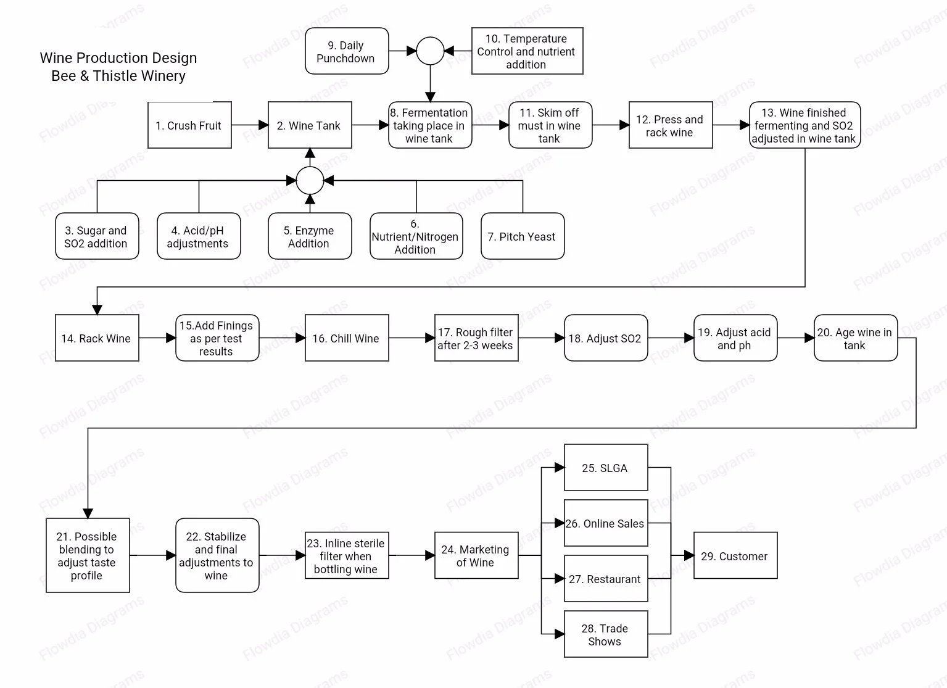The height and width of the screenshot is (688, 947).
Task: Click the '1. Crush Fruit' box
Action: [x=189, y=125]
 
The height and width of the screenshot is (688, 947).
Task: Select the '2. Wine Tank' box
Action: [x=310, y=125]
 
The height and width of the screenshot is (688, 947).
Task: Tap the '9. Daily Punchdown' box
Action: [x=347, y=51]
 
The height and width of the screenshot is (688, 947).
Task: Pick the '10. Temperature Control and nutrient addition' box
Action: [x=527, y=51]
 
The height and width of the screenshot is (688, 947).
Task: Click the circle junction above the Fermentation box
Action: [x=430, y=51]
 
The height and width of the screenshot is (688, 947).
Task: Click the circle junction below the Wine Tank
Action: [x=310, y=181]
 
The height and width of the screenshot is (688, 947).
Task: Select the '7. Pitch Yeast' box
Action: [x=523, y=236]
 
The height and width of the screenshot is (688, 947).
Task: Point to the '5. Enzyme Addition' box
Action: [x=310, y=236]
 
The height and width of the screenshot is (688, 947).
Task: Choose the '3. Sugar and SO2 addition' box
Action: [x=97, y=236]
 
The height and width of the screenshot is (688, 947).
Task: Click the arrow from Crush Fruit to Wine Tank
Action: [x=250, y=125]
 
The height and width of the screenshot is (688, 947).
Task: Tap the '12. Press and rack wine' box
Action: [x=671, y=125]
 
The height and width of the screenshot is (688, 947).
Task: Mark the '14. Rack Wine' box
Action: [x=97, y=338]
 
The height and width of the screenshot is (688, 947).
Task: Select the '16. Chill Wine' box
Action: [x=347, y=338]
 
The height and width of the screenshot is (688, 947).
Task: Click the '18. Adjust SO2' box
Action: [x=606, y=338]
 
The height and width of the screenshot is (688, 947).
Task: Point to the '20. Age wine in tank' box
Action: [x=855, y=338]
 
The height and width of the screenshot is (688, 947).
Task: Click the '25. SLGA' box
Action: [x=606, y=468]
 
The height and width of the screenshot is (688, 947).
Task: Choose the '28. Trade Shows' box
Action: [x=606, y=634]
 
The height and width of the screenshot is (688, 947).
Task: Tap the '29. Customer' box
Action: [x=735, y=556]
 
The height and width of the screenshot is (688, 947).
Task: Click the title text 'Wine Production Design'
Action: [x=118, y=58]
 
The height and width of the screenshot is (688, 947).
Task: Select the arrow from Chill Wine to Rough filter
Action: [x=411, y=338]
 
